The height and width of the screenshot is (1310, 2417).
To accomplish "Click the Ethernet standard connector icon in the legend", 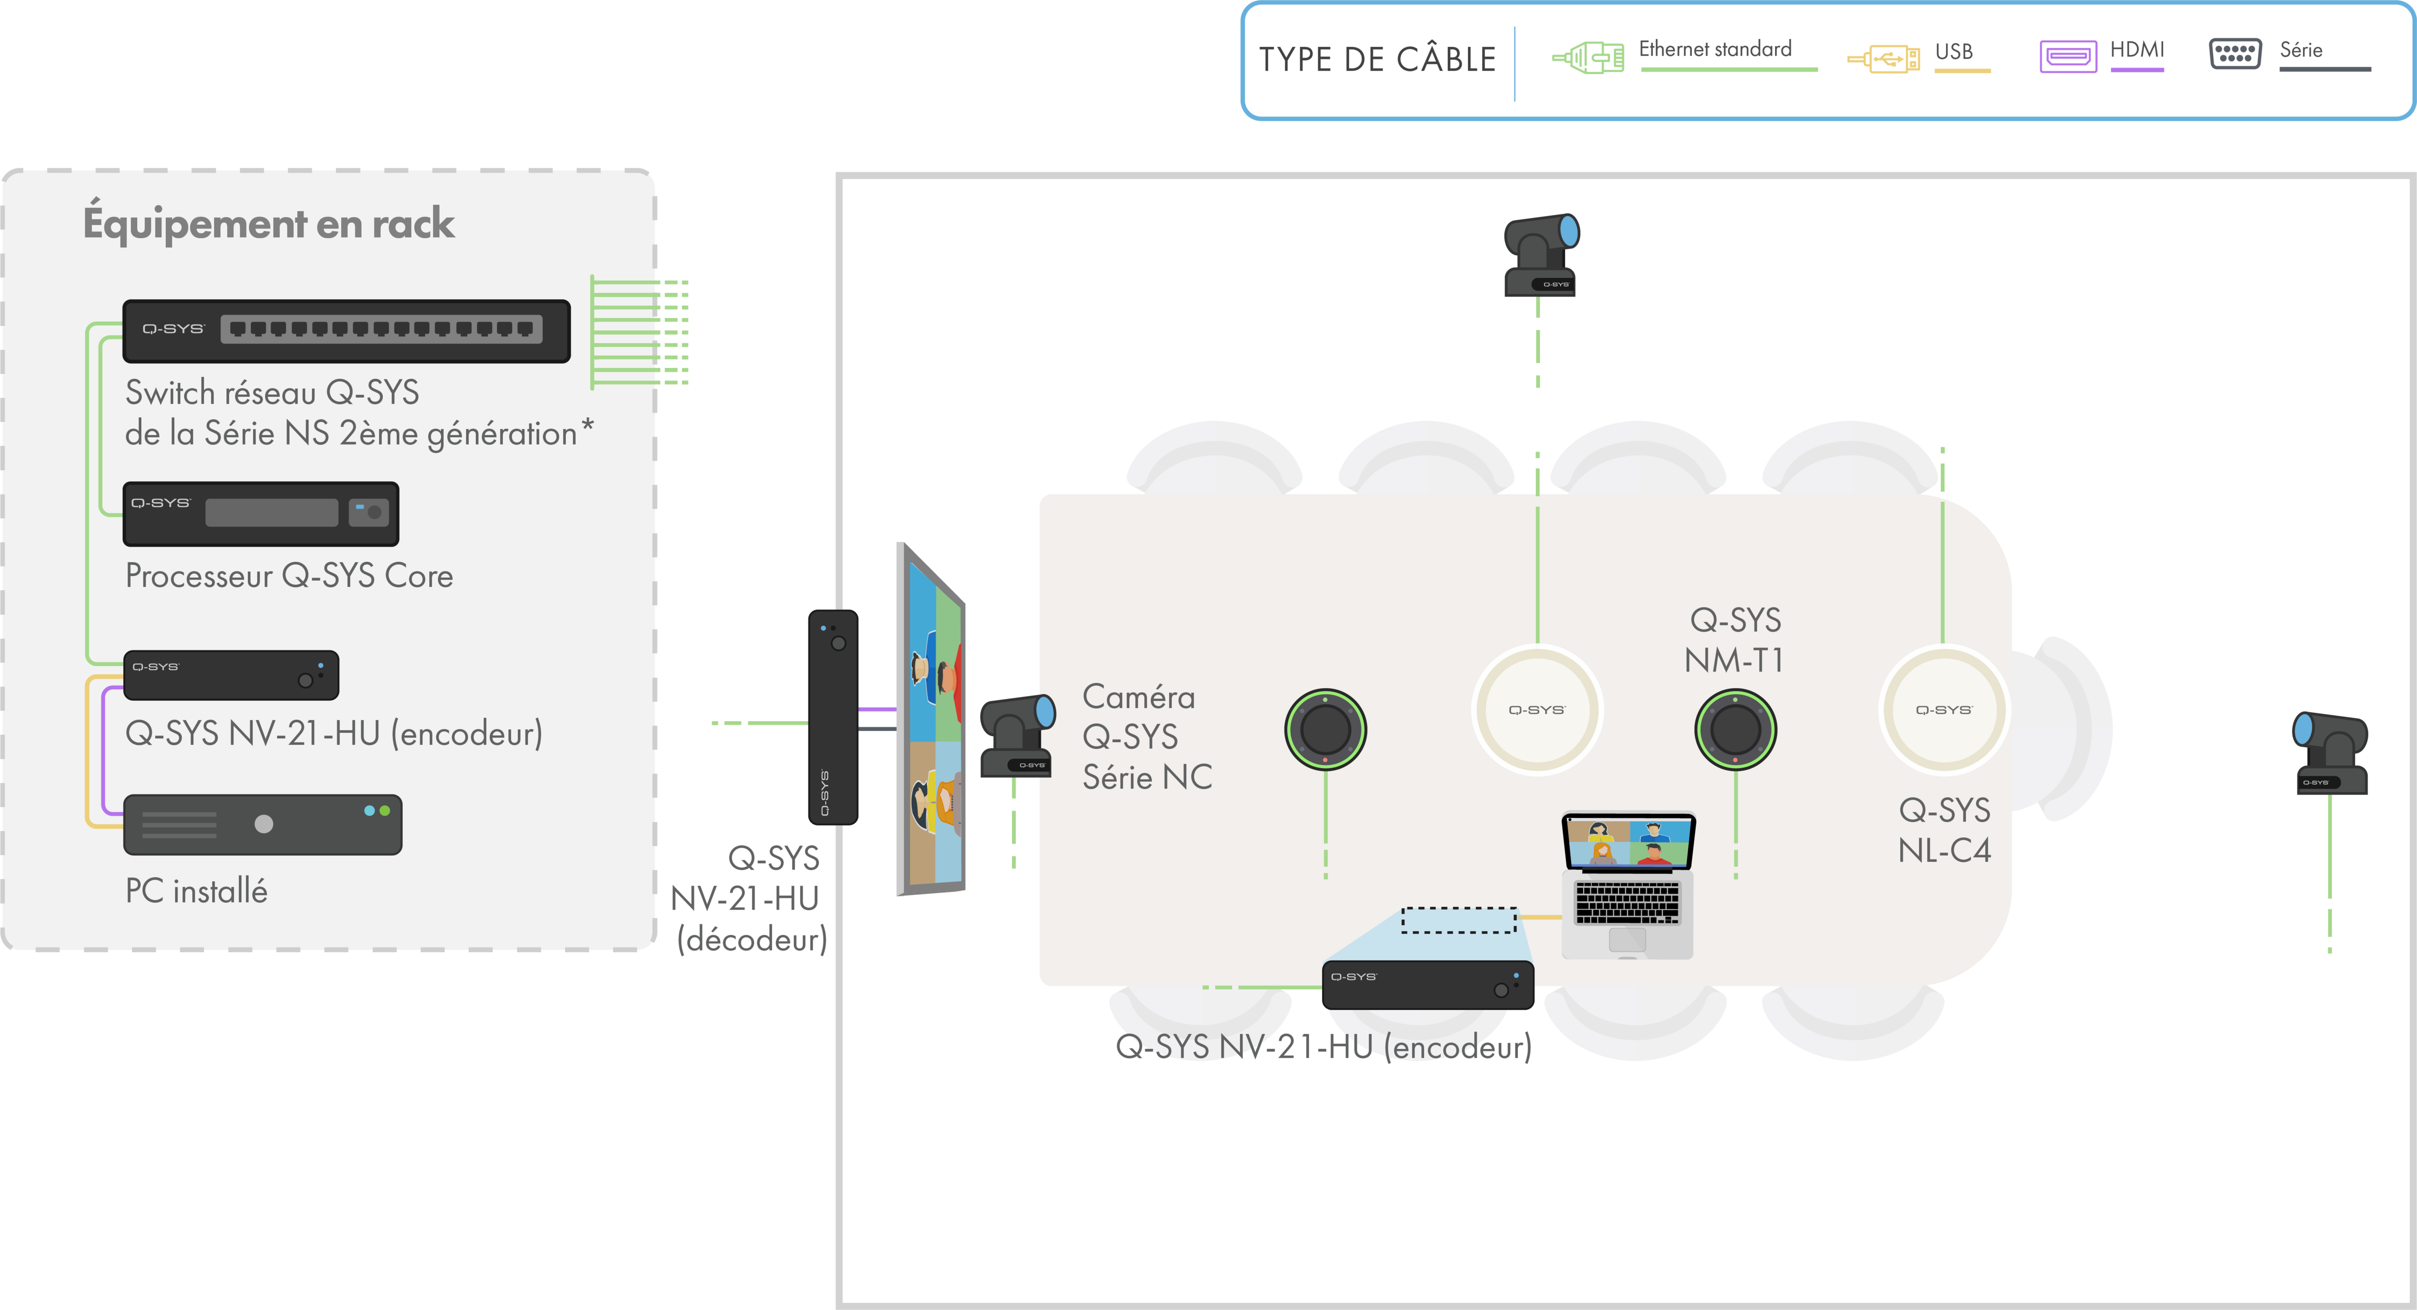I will pyautogui.click(x=1587, y=57).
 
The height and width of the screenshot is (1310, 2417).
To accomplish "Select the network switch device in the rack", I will pyautogui.click(x=346, y=330).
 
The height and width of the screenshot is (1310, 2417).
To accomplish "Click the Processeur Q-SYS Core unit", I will pyautogui.click(x=261, y=513).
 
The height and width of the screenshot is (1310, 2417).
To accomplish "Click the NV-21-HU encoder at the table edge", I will pyautogui.click(x=1427, y=984).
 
